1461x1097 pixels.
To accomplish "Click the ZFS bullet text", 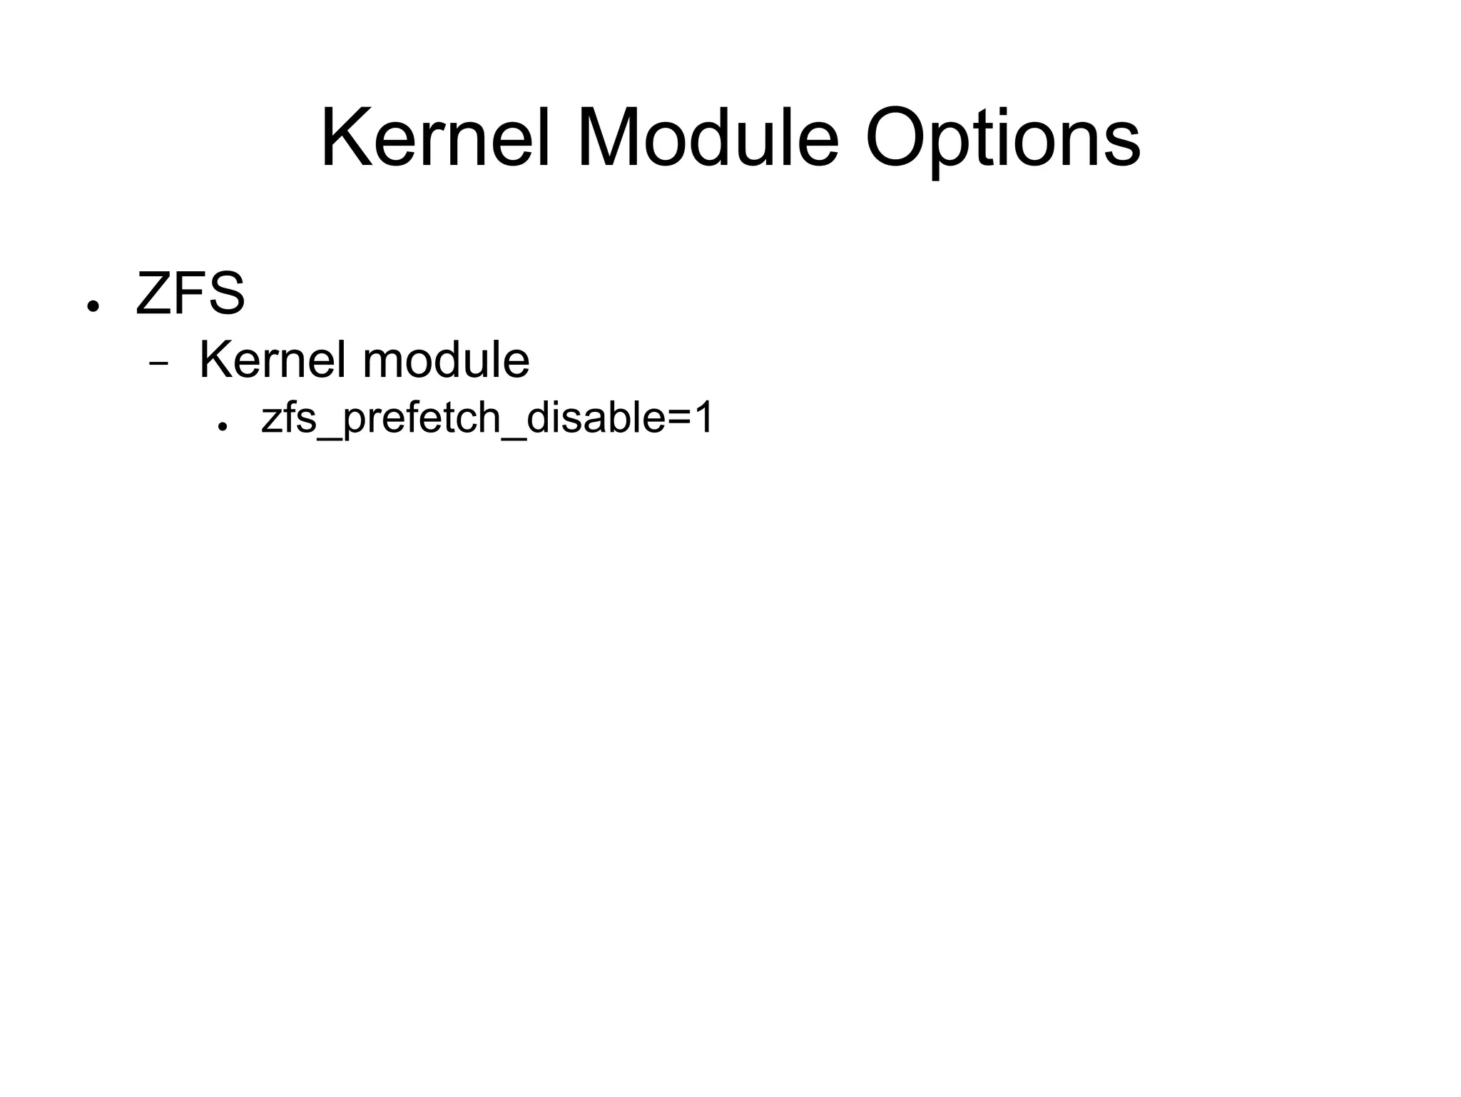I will pyautogui.click(x=190, y=293).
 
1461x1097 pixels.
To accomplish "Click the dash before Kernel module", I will pyautogui.click(x=158, y=363).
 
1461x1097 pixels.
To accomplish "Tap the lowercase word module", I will pyautogui.click(x=446, y=360).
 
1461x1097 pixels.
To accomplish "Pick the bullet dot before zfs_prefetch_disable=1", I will pyautogui.click(x=223, y=426).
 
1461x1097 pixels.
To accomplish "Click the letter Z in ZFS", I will pyautogui.click(x=151, y=293).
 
